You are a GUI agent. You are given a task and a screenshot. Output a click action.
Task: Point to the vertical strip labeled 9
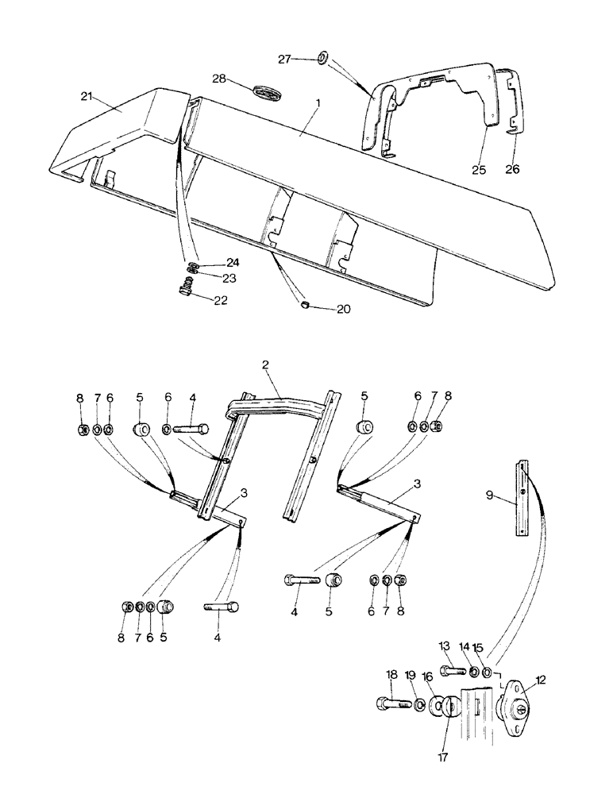522,499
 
